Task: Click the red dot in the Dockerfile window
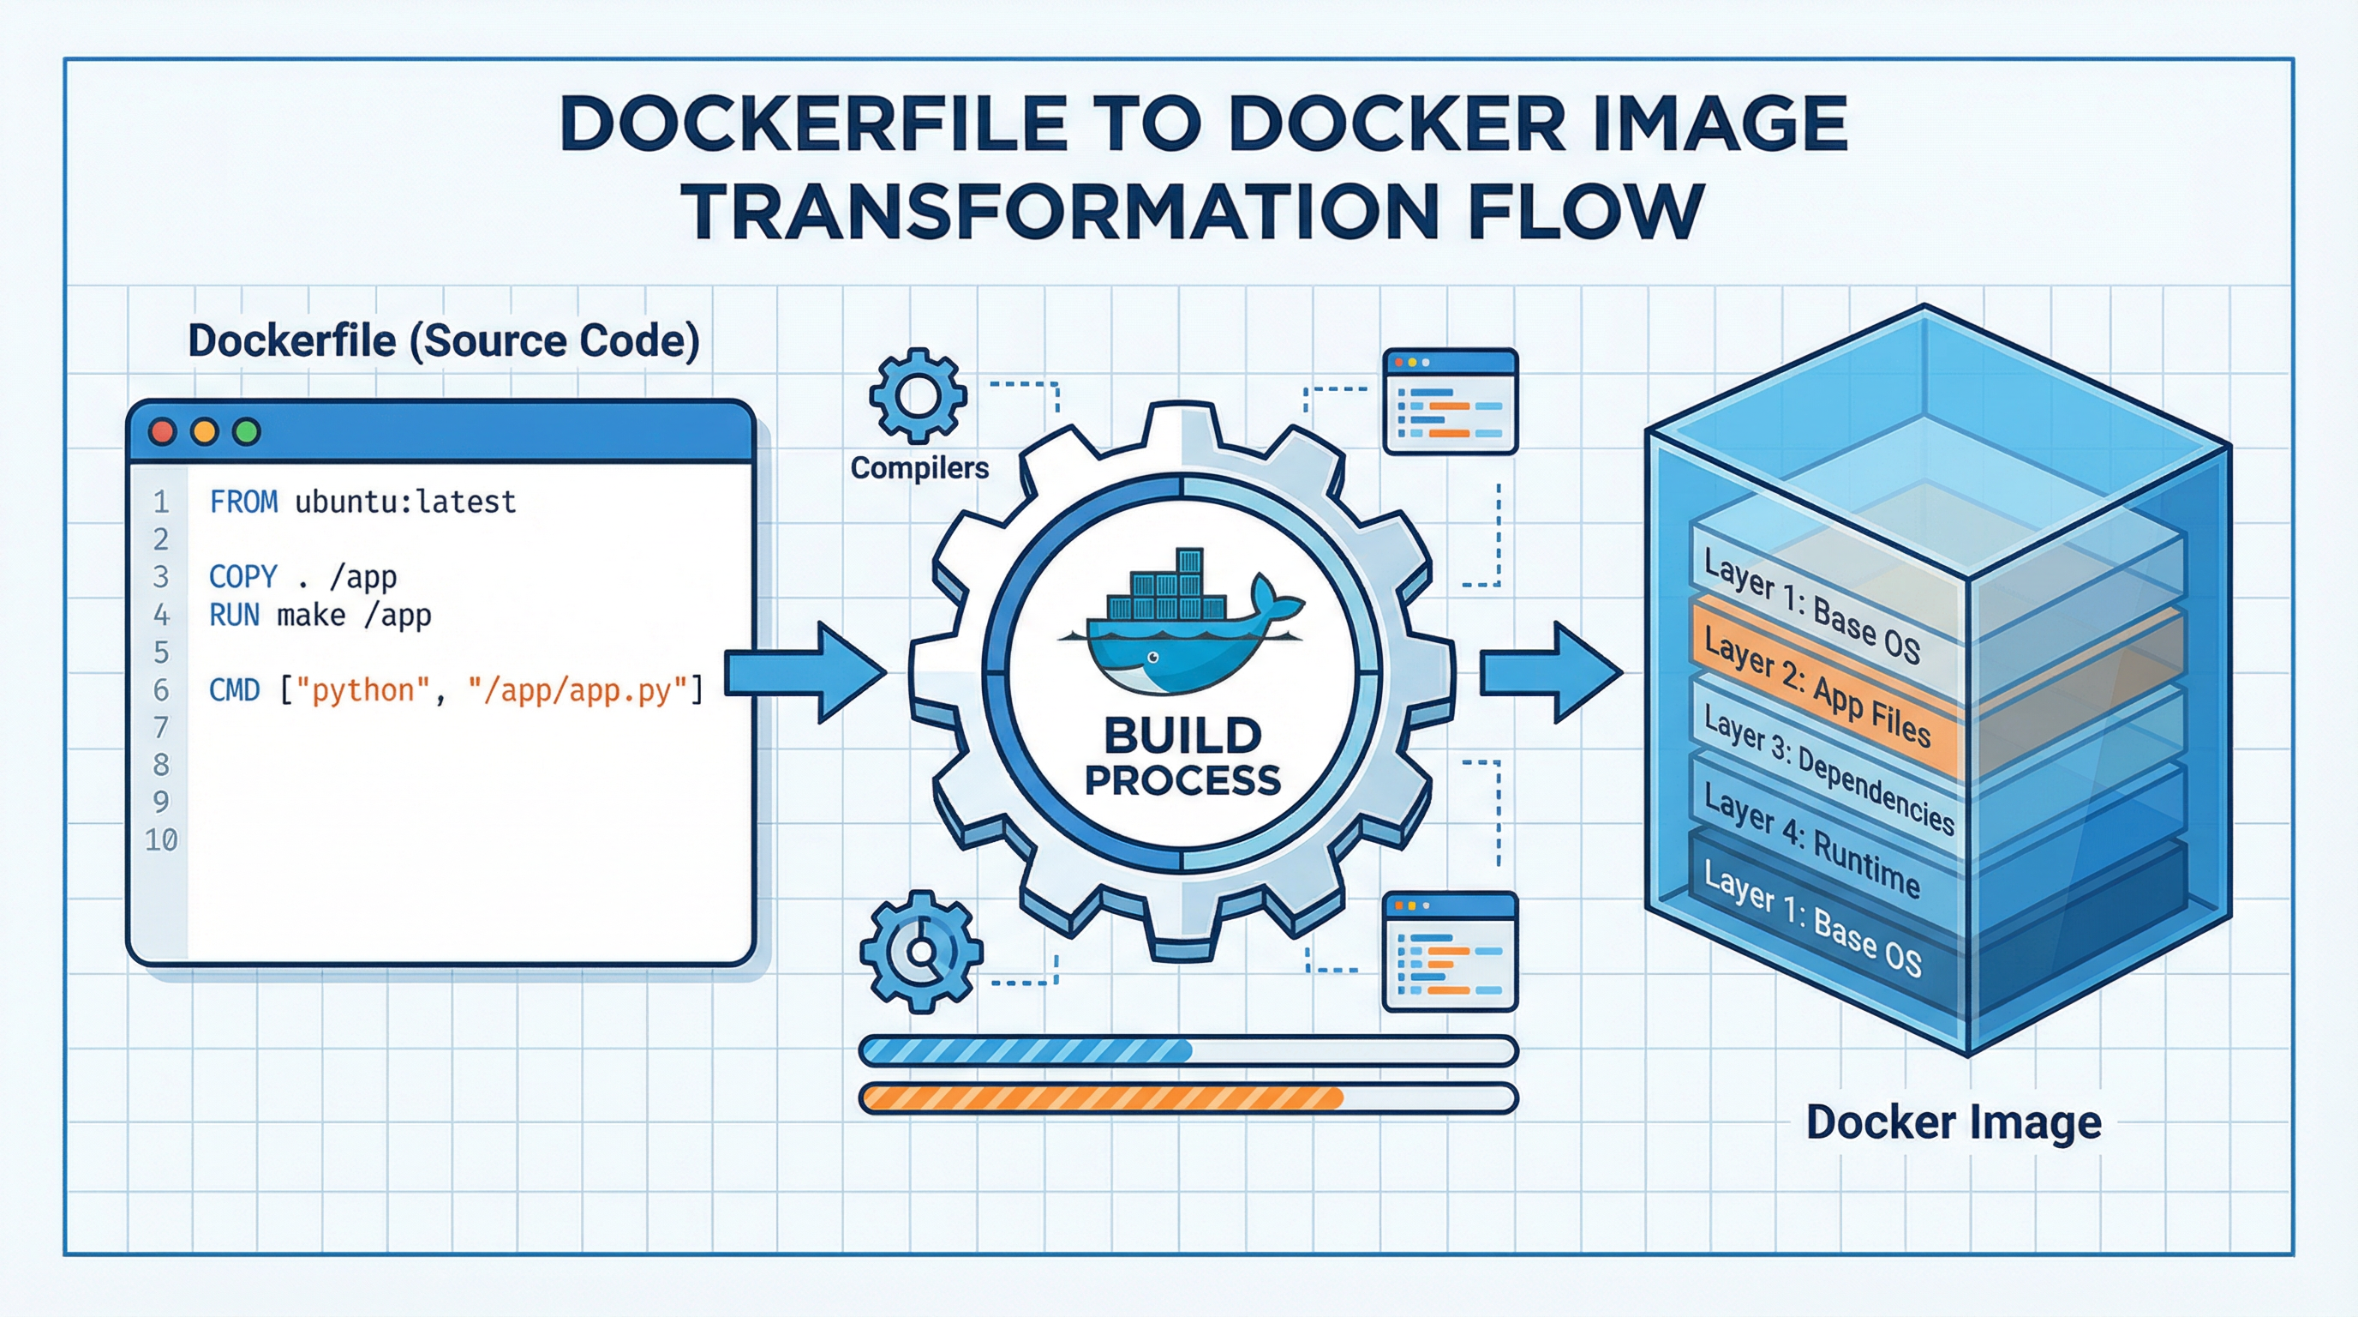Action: pyautogui.click(x=162, y=432)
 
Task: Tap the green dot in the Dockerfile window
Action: pyautogui.click(x=246, y=432)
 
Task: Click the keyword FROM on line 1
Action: pyautogui.click(x=243, y=502)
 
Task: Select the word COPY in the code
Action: pyautogui.click(x=242, y=577)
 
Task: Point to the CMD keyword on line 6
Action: pyautogui.click(x=234, y=689)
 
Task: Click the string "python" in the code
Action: pyautogui.click(x=370, y=689)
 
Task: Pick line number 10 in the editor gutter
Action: pyautogui.click(x=161, y=839)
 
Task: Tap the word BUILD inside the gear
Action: pyautogui.click(x=1182, y=736)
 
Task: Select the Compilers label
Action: pyautogui.click(x=919, y=468)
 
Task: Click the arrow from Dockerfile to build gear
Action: pyautogui.click(x=805, y=673)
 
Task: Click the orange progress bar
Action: pyautogui.click(x=1102, y=1097)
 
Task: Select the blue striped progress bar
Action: pyautogui.click(x=1027, y=1050)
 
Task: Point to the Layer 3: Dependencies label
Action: pyautogui.click(x=1827, y=770)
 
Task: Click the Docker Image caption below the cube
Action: pyautogui.click(x=1953, y=1122)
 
